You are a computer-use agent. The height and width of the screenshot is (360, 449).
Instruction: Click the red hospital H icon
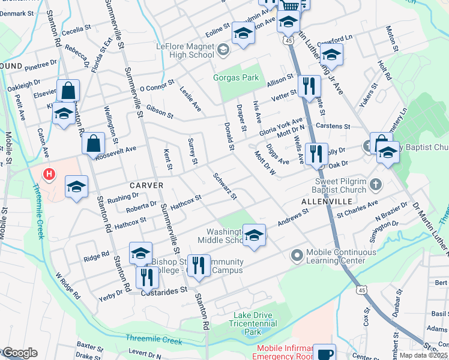coord(49,175)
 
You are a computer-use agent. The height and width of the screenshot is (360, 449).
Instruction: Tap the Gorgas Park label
coord(237,77)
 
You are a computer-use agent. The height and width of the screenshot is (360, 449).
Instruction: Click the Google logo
coord(19,353)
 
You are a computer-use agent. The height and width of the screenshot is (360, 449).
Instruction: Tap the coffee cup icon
coord(324,353)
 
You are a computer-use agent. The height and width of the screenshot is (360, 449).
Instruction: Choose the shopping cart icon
coord(291,5)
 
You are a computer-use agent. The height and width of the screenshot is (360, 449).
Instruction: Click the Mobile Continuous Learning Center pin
coord(296,256)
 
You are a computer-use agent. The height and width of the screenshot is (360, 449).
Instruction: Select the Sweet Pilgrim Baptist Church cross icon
coord(375,184)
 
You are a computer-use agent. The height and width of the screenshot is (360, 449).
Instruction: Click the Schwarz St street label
coord(225,187)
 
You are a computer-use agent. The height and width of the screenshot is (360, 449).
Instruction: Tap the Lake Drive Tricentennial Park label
coord(254,323)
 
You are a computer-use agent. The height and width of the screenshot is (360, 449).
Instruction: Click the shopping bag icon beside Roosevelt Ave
coord(94,143)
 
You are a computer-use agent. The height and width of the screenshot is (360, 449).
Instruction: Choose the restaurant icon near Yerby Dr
coord(146,277)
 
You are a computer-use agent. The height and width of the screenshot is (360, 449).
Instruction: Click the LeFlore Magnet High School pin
coord(224,49)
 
